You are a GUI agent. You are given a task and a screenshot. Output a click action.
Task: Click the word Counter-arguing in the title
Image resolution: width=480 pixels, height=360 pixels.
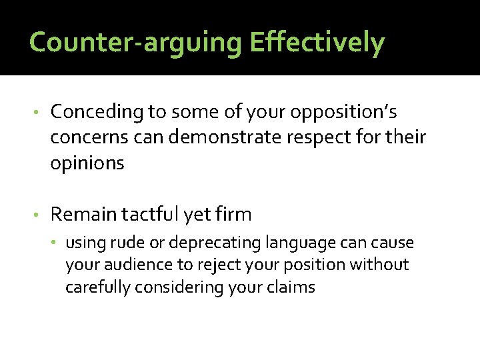point(137,43)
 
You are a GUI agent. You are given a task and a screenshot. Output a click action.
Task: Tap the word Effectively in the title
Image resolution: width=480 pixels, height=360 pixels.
point(317,43)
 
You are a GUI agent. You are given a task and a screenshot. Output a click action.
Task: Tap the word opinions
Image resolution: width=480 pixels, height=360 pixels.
point(87,163)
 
